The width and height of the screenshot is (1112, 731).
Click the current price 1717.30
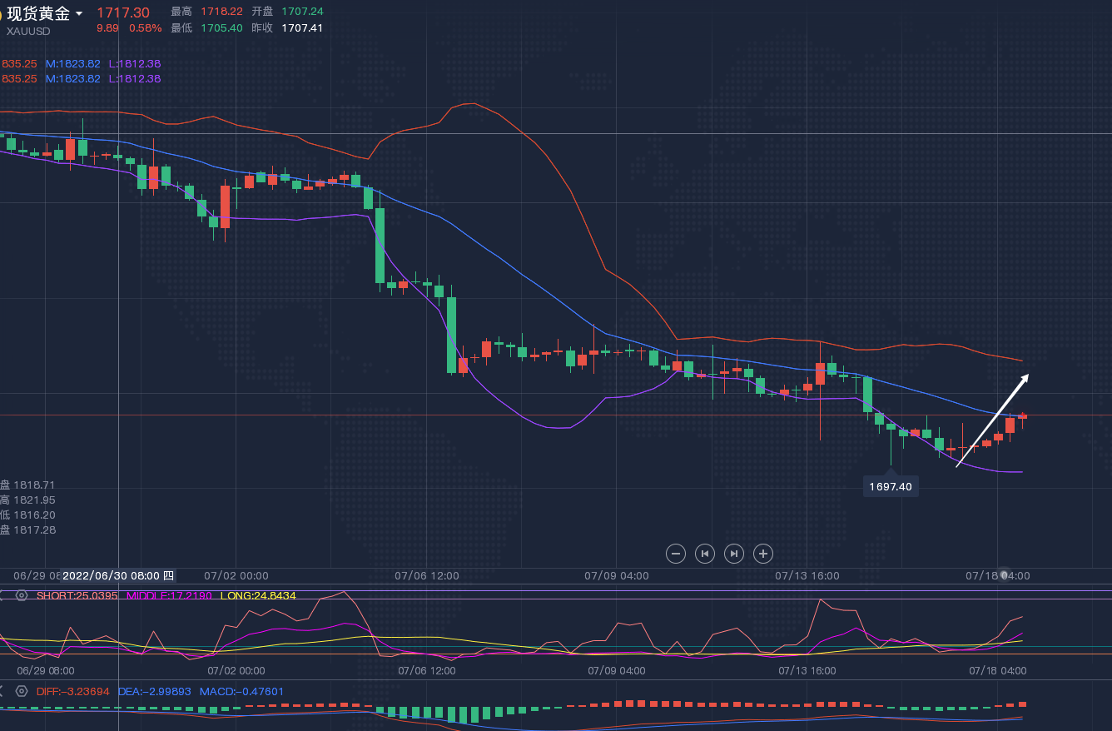click(x=123, y=12)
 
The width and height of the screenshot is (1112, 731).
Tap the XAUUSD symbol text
click(x=28, y=32)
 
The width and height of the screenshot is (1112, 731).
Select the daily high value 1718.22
click(x=221, y=12)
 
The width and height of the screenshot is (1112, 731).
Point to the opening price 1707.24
click(x=302, y=12)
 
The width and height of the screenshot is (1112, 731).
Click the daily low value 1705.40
click(x=221, y=27)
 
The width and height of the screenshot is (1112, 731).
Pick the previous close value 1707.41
click(x=302, y=27)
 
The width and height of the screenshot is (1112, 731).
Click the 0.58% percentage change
click(x=145, y=27)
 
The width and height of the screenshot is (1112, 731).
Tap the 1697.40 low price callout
click(x=891, y=486)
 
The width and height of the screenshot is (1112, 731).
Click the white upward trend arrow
click(x=992, y=420)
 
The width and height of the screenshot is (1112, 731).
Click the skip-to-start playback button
click(x=705, y=553)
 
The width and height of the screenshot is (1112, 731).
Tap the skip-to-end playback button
click(x=733, y=553)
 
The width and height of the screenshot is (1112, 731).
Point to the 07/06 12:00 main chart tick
click(x=426, y=575)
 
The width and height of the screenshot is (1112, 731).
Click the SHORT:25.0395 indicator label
click(x=77, y=596)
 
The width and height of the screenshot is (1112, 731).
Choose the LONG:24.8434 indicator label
click(x=257, y=596)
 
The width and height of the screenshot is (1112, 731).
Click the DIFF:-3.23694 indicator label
click(x=72, y=691)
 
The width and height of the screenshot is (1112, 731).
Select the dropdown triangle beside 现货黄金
click(x=79, y=13)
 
